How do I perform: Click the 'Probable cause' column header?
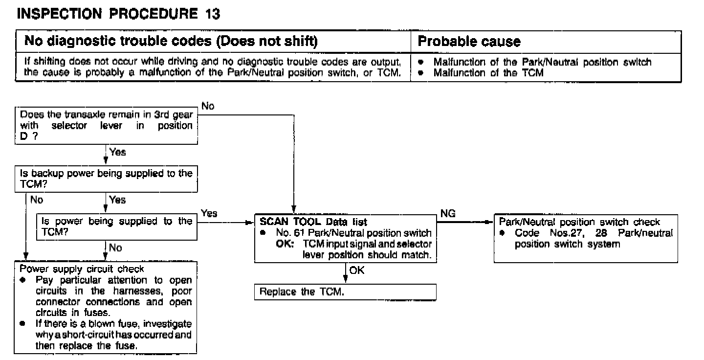pyautogui.click(x=469, y=42)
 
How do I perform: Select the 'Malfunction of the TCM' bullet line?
pyautogui.click(x=488, y=73)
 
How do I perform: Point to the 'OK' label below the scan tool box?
pyautogui.click(x=357, y=270)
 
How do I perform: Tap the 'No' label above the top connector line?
pyautogui.click(x=208, y=106)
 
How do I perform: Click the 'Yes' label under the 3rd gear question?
pyautogui.click(x=118, y=152)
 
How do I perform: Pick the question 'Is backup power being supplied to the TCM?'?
pyautogui.click(x=106, y=179)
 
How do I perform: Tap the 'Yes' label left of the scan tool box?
pyautogui.click(x=209, y=213)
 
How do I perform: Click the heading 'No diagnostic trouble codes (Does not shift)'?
pyautogui.click(x=171, y=42)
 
